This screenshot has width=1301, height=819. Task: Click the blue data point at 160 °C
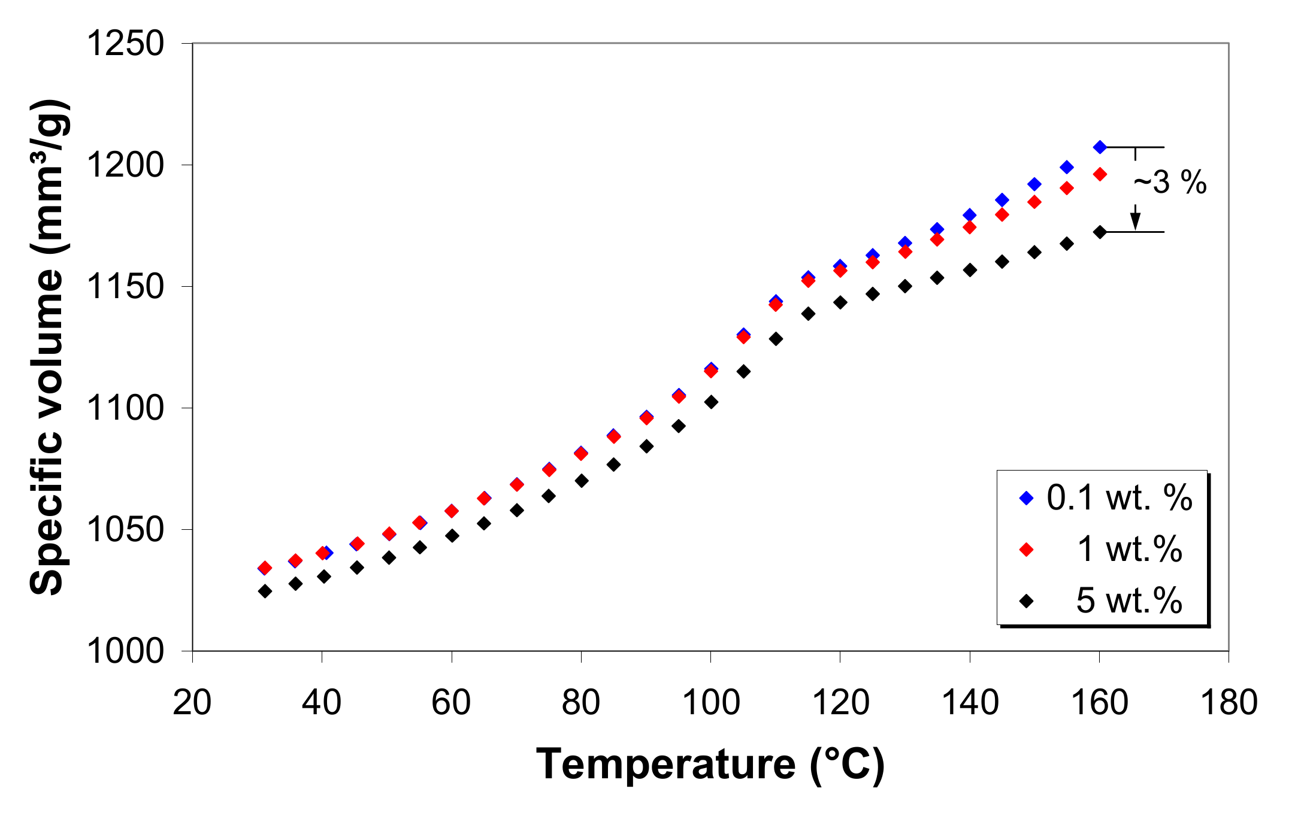tap(1100, 147)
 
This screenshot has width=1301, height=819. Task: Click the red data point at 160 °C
tap(1100, 174)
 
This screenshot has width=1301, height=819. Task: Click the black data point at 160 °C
tap(1100, 232)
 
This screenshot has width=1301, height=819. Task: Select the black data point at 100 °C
tap(711, 402)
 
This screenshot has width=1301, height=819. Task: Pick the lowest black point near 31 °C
tap(265, 591)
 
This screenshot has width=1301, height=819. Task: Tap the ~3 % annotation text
tap(1169, 182)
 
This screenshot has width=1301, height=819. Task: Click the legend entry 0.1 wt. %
tap(1118, 498)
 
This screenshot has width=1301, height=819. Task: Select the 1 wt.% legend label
tap(1129, 548)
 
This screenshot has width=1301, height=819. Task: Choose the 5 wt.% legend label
tap(1129, 600)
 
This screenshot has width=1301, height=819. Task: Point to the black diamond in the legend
tap(1027, 600)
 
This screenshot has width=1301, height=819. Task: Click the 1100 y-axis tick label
tap(125, 408)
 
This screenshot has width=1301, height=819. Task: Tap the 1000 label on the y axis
tap(125, 651)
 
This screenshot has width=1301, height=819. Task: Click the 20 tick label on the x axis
tap(192, 703)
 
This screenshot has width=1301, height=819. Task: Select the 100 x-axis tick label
tap(710, 703)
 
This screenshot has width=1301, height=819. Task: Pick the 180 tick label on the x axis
tap(1229, 703)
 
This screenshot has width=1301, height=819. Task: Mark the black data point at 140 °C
tap(970, 270)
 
